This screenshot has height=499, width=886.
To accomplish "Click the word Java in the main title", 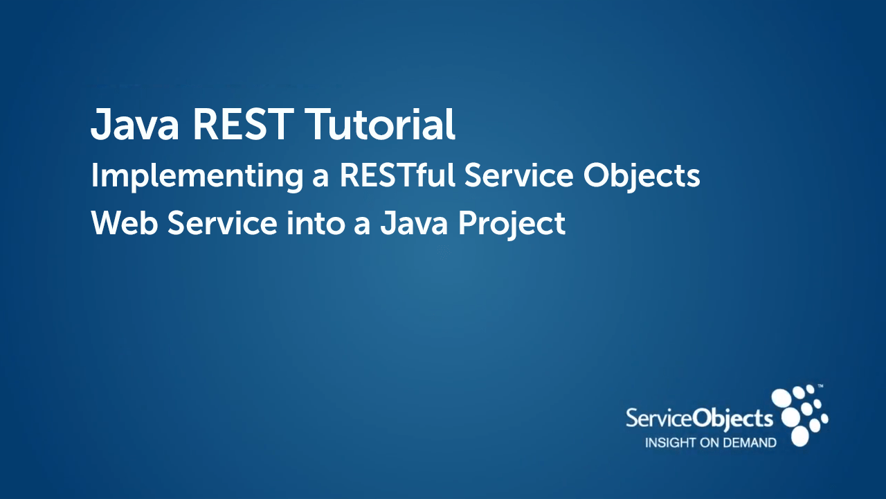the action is point(135,124).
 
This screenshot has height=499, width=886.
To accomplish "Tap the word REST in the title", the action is point(242,124).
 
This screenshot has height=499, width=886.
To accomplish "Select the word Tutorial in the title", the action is point(380,124).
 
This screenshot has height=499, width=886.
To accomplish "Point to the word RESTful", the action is point(397,175).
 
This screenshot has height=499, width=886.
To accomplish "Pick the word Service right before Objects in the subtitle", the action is point(518,175).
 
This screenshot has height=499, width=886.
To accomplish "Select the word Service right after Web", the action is point(222,223).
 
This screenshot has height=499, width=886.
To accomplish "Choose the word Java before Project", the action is point(414,223).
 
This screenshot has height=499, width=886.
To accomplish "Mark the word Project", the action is point(512,225).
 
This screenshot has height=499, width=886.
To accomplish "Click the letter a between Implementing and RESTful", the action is point(320,179).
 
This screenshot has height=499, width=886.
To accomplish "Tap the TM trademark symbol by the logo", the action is point(820,385).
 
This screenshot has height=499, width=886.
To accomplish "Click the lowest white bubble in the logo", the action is point(799,437).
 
